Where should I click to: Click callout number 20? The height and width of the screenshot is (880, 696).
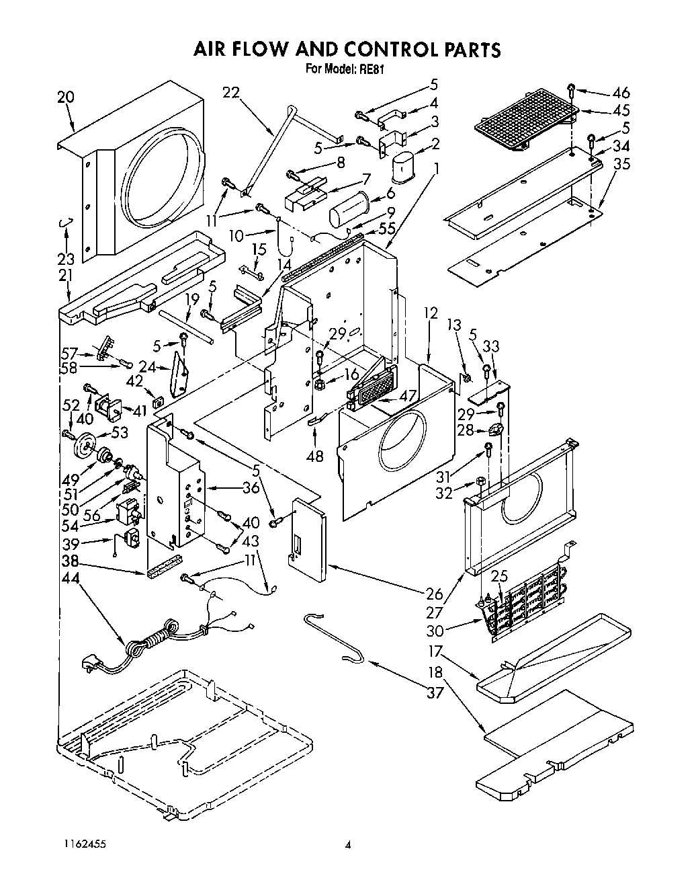(65, 97)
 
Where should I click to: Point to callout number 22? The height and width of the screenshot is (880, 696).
(231, 93)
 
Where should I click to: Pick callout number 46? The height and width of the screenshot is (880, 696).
(621, 93)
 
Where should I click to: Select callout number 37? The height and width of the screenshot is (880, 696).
(435, 691)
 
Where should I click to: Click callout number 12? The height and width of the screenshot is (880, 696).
(431, 313)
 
